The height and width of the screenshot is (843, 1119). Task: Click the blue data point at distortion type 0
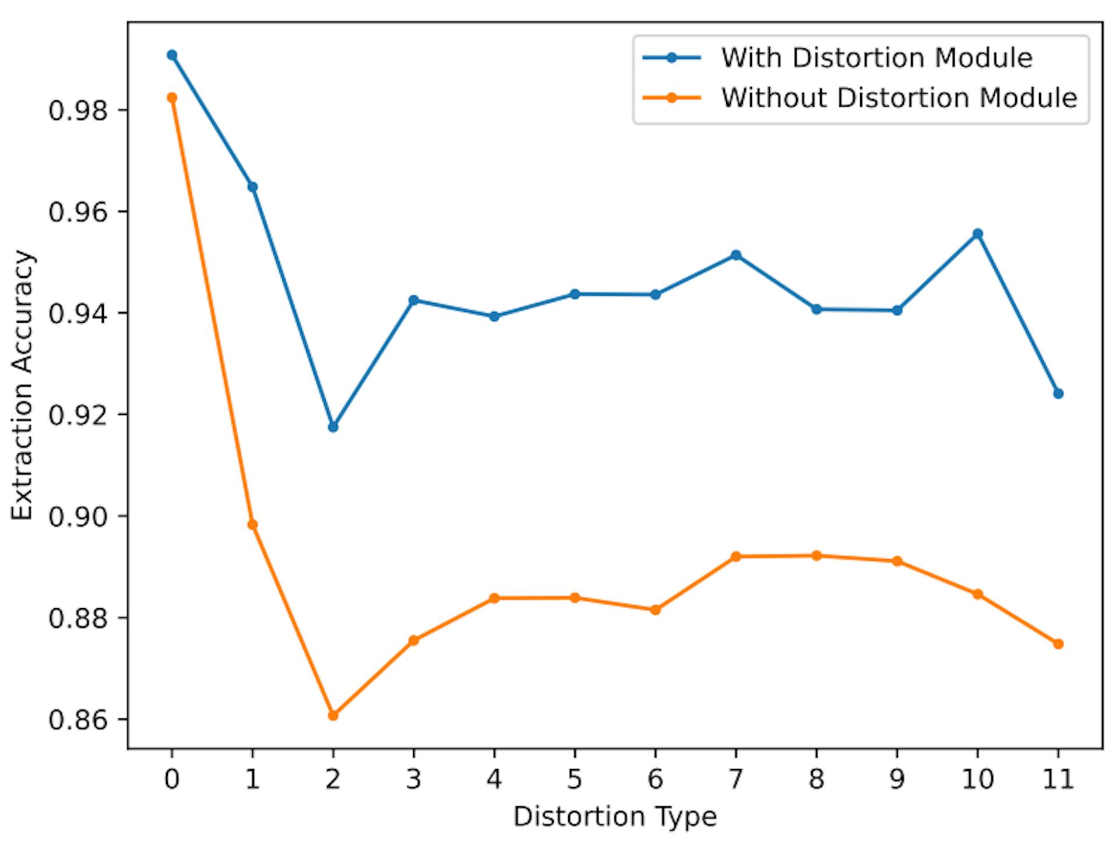172,55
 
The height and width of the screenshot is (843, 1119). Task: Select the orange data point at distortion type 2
333,715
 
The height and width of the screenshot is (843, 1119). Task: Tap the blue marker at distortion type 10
978,234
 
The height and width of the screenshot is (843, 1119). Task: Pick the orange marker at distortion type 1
252,525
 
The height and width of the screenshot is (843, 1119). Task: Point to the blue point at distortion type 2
333,427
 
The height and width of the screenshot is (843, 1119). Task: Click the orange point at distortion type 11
1058,644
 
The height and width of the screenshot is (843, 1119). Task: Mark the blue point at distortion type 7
736,255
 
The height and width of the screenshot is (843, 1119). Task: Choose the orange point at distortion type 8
817,556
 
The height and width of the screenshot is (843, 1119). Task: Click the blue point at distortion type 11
1058,394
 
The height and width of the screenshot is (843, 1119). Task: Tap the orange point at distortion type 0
172,98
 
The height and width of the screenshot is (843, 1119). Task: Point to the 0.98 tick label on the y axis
79,111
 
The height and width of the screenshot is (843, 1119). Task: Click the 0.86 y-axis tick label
79,720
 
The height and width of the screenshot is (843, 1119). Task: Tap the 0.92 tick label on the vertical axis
79,415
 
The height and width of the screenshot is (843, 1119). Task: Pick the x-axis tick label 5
575,779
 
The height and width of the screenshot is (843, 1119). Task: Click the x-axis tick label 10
978,779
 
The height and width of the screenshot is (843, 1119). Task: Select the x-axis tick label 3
414,779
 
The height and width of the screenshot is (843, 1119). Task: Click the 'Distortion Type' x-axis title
615,817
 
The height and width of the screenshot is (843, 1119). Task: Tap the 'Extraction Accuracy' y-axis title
23,385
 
